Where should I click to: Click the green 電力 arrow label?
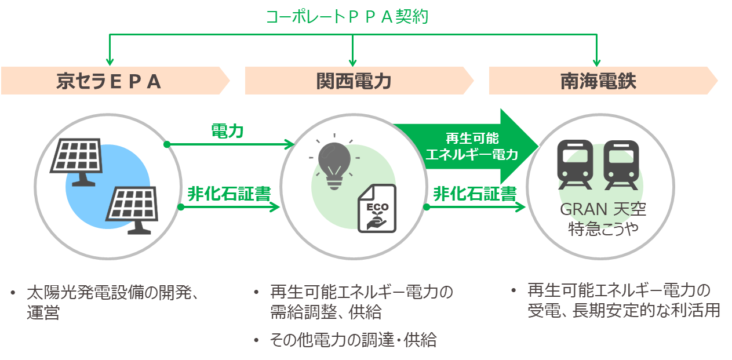[x=227, y=132]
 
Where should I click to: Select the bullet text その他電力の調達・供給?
[x=354, y=340]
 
